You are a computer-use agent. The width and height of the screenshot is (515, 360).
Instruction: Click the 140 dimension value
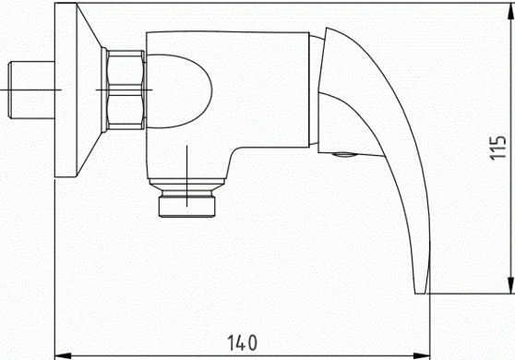pos(242,342)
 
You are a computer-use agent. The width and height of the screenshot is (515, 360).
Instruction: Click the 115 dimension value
pos(497,148)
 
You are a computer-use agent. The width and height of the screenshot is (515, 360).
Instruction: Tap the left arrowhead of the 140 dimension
pos(63,355)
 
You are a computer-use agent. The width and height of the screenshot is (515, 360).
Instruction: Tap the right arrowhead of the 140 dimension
pos(422,355)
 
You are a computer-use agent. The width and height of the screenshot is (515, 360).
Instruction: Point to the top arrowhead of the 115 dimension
pos(510,11)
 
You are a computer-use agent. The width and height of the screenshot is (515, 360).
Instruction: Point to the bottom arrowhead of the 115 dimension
pos(510,285)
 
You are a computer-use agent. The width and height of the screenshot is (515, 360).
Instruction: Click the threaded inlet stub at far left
pos(31,90)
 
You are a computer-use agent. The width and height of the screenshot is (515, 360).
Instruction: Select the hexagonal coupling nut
pos(126,90)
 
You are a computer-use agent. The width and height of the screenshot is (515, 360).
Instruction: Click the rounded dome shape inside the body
pos(179,91)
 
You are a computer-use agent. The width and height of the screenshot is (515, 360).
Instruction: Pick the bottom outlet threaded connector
pos(186,206)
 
